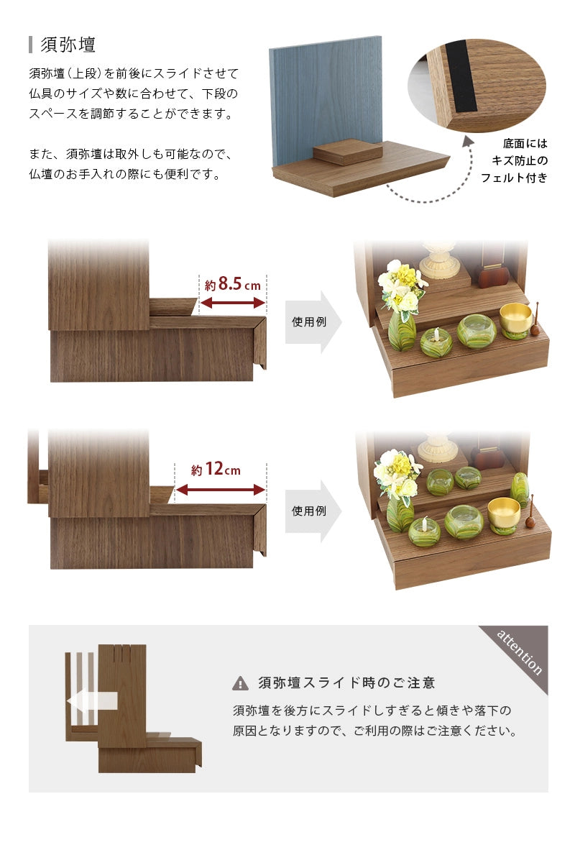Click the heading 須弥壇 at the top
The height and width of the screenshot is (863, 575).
pos(68,45)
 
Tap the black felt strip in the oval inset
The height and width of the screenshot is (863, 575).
pos(460,78)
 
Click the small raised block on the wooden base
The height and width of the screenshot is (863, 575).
pos(348,152)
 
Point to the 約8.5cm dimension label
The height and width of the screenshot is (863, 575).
pos(232,284)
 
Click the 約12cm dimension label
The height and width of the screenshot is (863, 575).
pos(216,470)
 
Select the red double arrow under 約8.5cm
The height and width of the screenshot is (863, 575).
pos(232,303)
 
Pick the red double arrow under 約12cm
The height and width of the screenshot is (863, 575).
pos(220,490)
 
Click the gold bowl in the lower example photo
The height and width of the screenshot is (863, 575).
pos(503,511)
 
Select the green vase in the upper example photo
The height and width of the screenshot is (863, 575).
pos(402,331)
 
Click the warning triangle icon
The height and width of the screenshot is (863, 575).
pos(240,683)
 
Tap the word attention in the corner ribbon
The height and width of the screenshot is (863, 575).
pos(520,652)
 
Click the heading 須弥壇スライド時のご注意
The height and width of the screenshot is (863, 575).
pos(346,683)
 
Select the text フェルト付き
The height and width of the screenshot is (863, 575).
pos(514,178)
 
